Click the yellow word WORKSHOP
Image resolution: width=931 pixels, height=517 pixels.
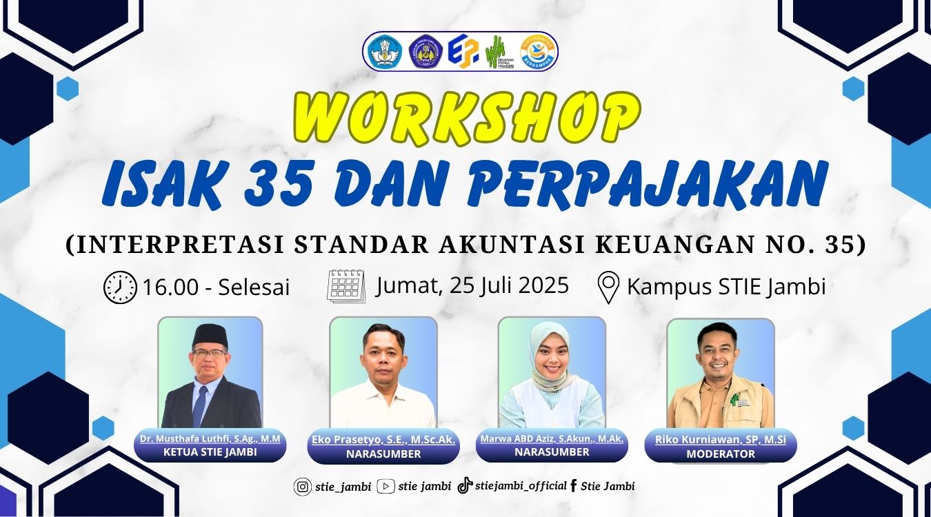tap(467, 119)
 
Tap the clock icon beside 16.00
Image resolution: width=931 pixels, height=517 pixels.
tap(120, 287)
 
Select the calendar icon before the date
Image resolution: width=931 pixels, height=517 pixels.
tap(346, 286)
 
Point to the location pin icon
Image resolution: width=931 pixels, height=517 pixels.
tap(608, 287)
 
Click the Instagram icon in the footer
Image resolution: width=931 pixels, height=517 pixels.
tap(303, 487)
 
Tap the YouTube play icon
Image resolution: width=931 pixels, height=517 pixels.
tap(386, 486)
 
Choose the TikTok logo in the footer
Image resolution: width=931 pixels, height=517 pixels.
tap(465, 485)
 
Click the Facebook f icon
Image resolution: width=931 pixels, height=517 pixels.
tap(574, 486)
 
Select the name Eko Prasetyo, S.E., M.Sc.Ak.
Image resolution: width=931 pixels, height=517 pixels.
tap(383, 440)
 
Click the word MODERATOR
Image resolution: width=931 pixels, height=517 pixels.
tap(720, 454)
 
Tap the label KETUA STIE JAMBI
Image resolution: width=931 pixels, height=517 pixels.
tap(210, 452)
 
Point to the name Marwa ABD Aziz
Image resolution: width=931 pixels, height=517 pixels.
tap(519, 439)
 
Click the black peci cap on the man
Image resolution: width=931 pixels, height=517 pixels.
tap(210, 336)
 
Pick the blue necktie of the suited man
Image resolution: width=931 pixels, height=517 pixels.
tap(200, 405)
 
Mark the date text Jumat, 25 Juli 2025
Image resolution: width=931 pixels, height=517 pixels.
tap(472, 286)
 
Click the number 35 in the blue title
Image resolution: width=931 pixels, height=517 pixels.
tap(279, 184)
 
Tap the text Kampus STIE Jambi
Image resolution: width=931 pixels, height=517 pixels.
tap(726, 287)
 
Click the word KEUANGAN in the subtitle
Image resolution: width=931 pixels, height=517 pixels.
tap(674, 245)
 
